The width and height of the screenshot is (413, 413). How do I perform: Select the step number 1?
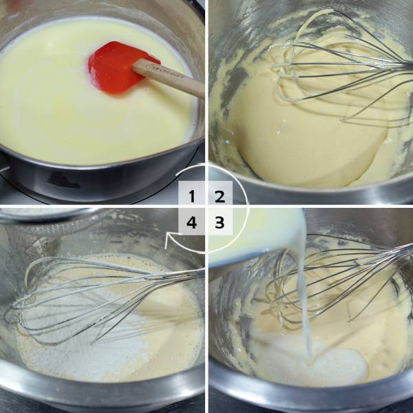click(x=192, y=196)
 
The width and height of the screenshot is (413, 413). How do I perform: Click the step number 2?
click(x=220, y=196)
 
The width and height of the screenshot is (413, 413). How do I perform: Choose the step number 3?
click(x=220, y=222)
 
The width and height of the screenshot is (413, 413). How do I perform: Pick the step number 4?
click(x=192, y=222)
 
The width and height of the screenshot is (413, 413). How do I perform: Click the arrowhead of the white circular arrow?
click(x=167, y=240)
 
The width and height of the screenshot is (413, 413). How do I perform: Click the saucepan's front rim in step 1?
click(x=103, y=172)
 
